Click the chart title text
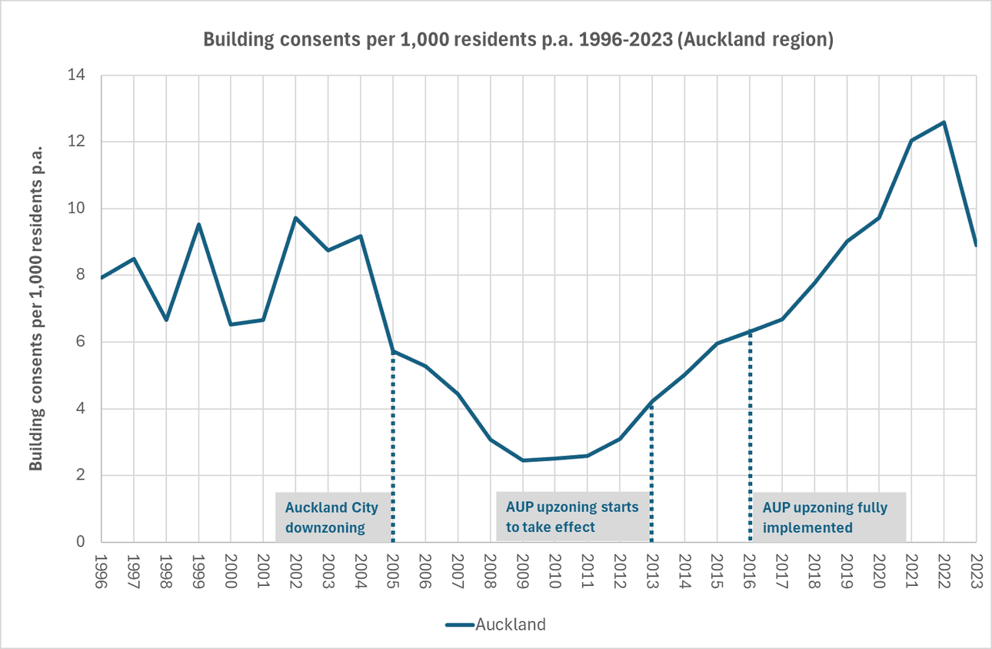[x=518, y=41]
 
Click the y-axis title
[x=35, y=307]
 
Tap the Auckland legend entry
[x=496, y=624]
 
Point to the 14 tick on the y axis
[x=80, y=75]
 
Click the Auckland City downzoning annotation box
[x=333, y=517]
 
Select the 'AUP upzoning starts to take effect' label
[x=572, y=517]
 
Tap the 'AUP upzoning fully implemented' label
[x=827, y=517]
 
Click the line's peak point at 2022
[x=944, y=122]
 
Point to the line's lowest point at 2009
[x=523, y=460]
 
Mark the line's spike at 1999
[x=199, y=224]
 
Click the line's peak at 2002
[x=296, y=217]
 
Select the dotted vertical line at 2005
[x=393, y=447]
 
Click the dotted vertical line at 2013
[x=652, y=470]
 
